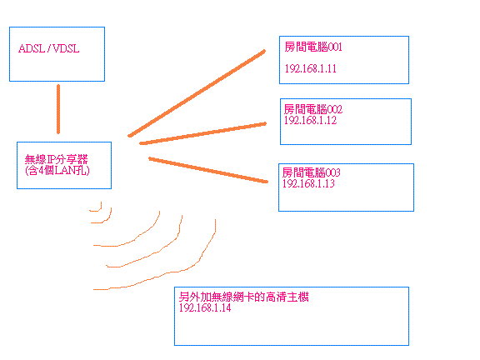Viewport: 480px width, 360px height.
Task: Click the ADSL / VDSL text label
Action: (49, 48)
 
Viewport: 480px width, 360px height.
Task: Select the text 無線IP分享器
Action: (57, 159)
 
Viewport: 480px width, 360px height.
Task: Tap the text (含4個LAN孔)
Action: (57, 170)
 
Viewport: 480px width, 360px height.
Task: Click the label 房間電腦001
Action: (313, 47)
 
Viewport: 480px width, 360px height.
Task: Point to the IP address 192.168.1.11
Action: (310, 68)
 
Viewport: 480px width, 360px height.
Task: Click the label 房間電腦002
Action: (313, 109)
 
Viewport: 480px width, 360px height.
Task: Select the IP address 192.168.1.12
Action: (310, 120)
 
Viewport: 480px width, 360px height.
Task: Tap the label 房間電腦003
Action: (312, 172)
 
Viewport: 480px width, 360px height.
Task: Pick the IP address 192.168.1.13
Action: (308, 183)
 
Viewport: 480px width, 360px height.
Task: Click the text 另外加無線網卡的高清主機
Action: (244, 297)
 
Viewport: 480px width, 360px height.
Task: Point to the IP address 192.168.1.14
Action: (205, 307)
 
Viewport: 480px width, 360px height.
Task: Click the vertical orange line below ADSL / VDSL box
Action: (58, 109)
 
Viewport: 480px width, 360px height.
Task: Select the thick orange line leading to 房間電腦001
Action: (197, 93)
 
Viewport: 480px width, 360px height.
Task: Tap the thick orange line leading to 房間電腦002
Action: (202, 133)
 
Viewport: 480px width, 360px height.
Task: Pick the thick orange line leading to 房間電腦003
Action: (208, 170)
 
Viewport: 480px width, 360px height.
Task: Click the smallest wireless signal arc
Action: (99, 210)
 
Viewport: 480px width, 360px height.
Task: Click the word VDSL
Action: (66, 48)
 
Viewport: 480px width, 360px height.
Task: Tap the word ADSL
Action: (32, 48)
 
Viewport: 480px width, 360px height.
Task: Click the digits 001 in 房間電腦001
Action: (335, 47)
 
